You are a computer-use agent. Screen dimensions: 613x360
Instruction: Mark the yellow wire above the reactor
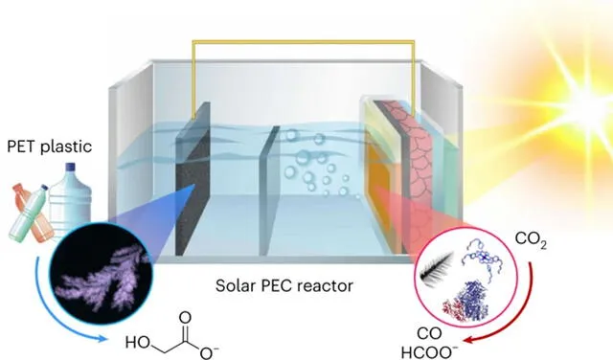tap(306, 43)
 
